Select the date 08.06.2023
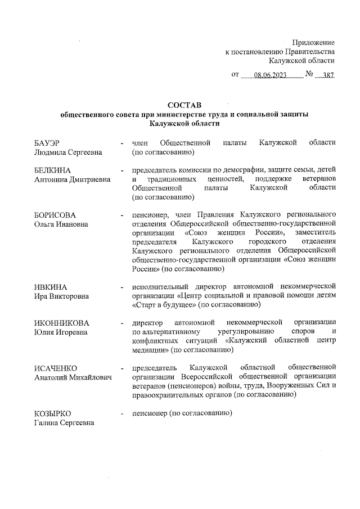pyautogui.click(x=270, y=74)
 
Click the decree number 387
pyautogui.click(x=328, y=74)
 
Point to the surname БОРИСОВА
pyautogui.click(x=55, y=215)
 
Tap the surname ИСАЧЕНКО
pyautogui.click(x=55, y=368)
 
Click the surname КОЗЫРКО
pyautogui.click(x=52, y=413)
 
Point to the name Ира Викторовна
pyautogui.click(x=62, y=296)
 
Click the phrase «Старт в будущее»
pyautogui.click(x=163, y=305)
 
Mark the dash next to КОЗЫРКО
pyautogui.click(x=121, y=413)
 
